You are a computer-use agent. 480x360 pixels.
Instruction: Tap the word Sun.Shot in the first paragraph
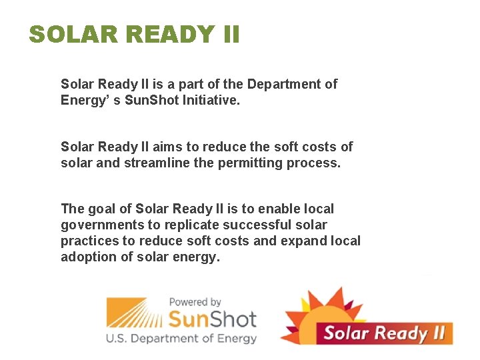tap(151, 101)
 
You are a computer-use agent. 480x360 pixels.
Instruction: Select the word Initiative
tap(214, 101)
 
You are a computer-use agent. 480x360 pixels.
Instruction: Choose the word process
tap(313, 163)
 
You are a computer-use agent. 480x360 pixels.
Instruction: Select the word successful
tap(258, 225)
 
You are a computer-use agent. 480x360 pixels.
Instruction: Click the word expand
tap(305, 241)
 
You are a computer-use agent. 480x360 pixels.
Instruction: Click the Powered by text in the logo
tap(195, 302)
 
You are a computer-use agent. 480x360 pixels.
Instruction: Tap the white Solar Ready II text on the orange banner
tap(384, 333)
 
